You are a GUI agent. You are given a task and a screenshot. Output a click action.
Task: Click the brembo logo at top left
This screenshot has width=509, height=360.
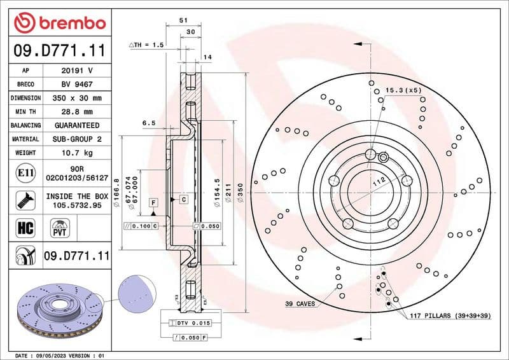(59, 24)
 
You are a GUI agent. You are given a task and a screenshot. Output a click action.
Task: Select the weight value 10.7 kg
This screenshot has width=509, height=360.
(77, 153)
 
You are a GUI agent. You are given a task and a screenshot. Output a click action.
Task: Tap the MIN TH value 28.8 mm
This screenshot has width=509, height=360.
(77, 112)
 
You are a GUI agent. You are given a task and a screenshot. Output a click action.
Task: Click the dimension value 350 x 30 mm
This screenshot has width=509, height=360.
(77, 98)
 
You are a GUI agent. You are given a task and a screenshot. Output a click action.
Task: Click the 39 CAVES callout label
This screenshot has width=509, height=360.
(300, 304)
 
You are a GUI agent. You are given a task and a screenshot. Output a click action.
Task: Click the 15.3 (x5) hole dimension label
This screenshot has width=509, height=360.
(403, 91)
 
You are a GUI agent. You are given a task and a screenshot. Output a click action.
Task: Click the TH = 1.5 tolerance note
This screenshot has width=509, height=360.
(147, 45)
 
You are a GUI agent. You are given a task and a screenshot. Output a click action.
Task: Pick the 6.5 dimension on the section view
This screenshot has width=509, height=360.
(150, 122)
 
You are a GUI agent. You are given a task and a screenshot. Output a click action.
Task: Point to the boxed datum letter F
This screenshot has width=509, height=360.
(153, 202)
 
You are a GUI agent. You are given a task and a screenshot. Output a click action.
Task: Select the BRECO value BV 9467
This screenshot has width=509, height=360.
(77, 84)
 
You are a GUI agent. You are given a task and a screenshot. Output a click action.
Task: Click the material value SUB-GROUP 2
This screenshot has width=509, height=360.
(77, 139)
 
